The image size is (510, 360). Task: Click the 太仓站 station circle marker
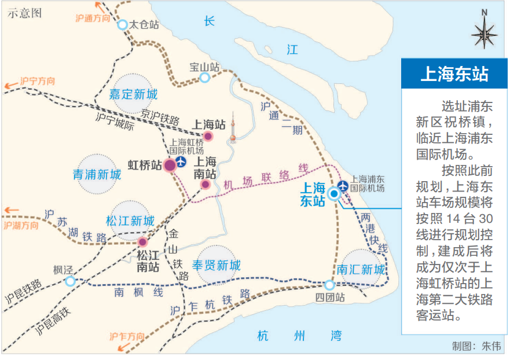tap(122, 24)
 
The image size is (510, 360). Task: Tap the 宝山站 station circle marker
tap(204, 78)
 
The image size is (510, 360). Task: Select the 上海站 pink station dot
tap(208, 137)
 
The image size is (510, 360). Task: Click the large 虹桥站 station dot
tap(170, 166)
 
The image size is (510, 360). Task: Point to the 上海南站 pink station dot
tap(205, 185)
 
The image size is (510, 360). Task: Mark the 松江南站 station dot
tap(142, 242)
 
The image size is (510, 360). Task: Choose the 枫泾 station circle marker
tap(70, 281)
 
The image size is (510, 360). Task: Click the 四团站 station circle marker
tap(329, 285)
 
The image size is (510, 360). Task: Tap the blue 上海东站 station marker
tap(334, 194)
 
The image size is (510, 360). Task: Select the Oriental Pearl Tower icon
tap(233, 128)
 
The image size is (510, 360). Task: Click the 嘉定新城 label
tap(133, 94)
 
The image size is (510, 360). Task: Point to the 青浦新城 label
tap(97, 174)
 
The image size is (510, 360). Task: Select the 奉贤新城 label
tap(216, 266)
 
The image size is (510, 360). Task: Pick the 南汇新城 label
tap(361, 270)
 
